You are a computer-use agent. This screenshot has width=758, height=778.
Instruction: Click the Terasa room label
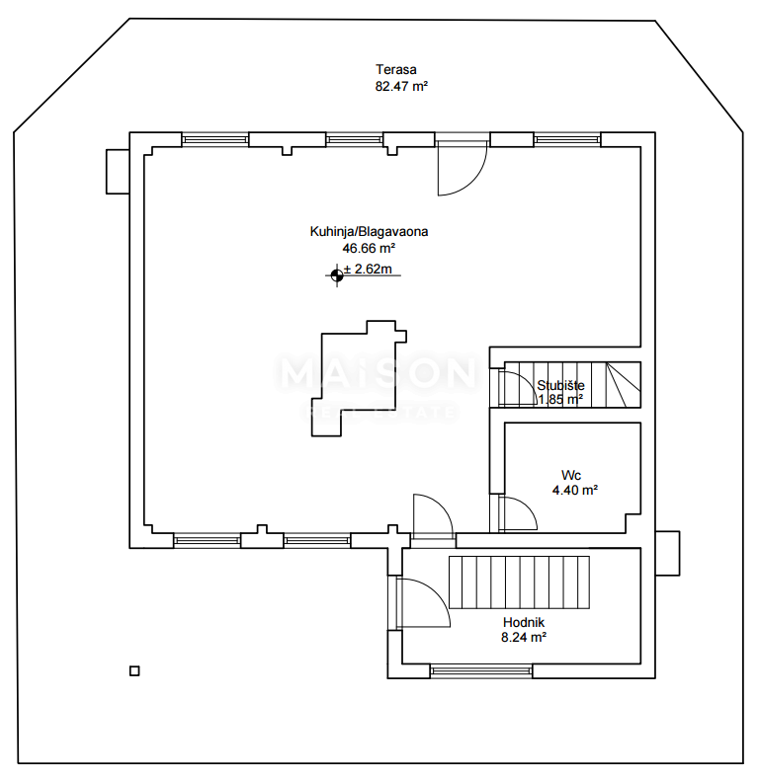pyautogui.click(x=395, y=69)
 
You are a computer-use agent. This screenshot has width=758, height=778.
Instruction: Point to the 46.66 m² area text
pyautogui.click(x=369, y=248)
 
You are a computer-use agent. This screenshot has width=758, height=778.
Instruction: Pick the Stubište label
pyautogui.click(x=560, y=385)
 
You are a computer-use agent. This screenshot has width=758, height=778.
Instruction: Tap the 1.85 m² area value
pyautogui.click(x=560, y=400)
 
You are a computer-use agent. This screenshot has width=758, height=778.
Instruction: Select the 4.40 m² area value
pyautogui.click(x=574, y=490)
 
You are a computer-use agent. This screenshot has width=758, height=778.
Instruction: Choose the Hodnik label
pyautogui.click(x=524, y=622)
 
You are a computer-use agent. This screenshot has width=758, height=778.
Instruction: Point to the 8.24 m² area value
pyautogui.click(x=524, y=638)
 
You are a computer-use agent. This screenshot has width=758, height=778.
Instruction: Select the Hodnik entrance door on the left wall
pyautogui.click(x=423, y=602)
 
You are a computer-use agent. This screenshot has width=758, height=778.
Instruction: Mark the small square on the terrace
pyautogui.click(x=134, y=671)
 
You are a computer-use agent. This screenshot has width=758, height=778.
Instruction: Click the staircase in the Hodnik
pyautogui.click(x=519, y=582)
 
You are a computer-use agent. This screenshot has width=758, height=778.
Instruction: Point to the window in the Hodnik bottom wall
pyautogui.click(x=481, y=671)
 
